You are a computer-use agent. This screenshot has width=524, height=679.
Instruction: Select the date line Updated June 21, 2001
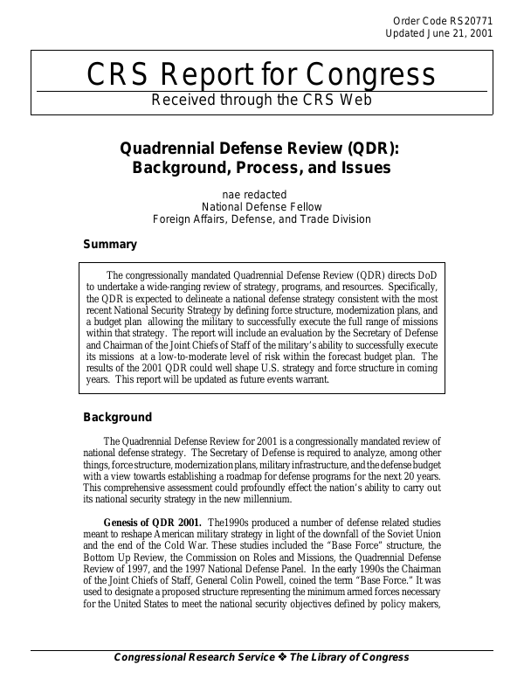[x=439, y=34]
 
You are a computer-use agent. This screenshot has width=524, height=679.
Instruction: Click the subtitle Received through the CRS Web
[x=262, y=99]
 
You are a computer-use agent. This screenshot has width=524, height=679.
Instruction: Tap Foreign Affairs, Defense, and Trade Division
[x=262, y=219]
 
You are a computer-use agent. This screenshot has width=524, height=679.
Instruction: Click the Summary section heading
[x=109, y=245]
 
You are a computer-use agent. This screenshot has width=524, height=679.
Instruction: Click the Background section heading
[x=117, y=417]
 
